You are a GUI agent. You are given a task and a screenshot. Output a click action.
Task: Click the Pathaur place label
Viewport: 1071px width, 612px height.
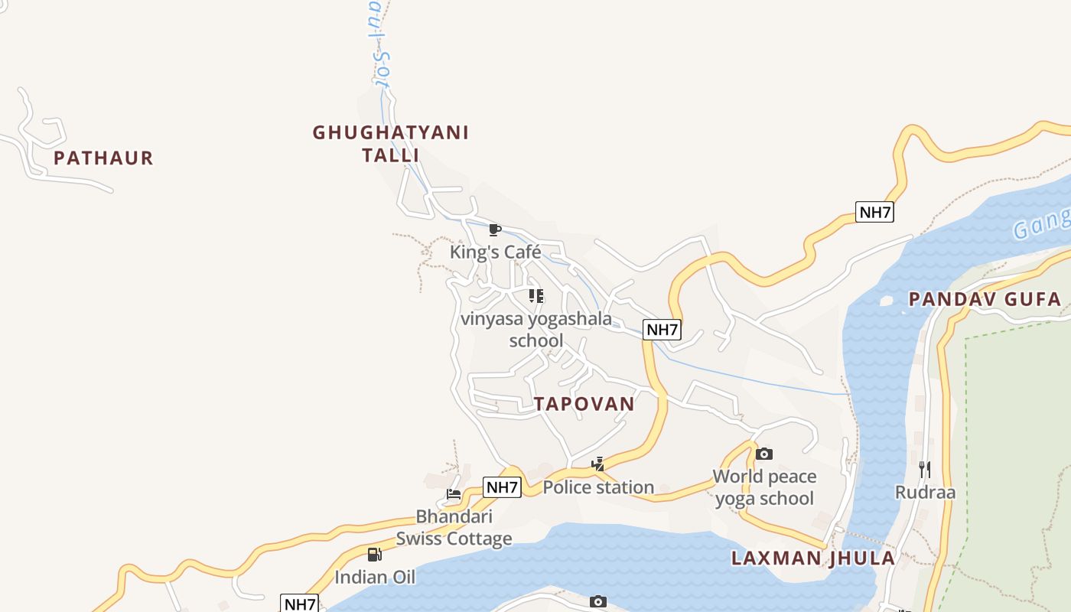(103, 158)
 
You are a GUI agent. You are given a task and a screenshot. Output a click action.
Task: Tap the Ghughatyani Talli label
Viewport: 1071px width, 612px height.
(390, 144)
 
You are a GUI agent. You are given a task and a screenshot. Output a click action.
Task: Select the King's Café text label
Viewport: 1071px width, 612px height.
(495, 252)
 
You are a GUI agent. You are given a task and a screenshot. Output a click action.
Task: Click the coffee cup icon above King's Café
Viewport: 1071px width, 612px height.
(495, 229)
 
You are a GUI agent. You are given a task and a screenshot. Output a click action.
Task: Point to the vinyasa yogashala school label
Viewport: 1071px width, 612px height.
(536, 329)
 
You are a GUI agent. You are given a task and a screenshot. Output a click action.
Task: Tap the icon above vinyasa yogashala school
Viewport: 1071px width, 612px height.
(536, 296)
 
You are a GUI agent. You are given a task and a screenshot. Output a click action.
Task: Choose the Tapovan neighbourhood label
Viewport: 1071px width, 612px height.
(584, 404)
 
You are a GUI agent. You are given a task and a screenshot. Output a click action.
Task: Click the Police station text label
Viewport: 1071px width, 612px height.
(598, 487)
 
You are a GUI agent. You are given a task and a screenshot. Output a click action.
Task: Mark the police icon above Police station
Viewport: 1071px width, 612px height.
(598, 464)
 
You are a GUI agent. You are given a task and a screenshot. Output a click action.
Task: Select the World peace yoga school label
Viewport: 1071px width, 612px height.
(764, 487)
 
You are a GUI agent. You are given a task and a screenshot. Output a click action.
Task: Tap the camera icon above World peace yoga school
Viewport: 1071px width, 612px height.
(763, 454)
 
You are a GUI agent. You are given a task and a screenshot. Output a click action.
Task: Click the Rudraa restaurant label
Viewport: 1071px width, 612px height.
(925, 492)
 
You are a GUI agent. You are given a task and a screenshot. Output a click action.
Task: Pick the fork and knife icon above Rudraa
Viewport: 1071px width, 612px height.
(925, 469)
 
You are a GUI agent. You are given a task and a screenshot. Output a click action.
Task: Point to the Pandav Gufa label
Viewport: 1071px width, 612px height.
(985, 299)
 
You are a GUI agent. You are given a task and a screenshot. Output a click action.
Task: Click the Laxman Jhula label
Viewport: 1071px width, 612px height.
(813, 558)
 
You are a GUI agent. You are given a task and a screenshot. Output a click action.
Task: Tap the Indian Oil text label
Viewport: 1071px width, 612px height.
(375, 577)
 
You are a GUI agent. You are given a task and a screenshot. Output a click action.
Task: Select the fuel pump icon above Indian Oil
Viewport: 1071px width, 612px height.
(374, 555)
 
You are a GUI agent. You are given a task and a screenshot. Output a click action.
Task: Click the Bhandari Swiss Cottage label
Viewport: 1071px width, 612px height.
(454, 527)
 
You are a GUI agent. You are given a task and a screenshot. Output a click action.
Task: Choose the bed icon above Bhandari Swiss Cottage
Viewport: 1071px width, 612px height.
(454, 494)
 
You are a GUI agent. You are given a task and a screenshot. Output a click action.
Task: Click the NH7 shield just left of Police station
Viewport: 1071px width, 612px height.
(502, 487)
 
